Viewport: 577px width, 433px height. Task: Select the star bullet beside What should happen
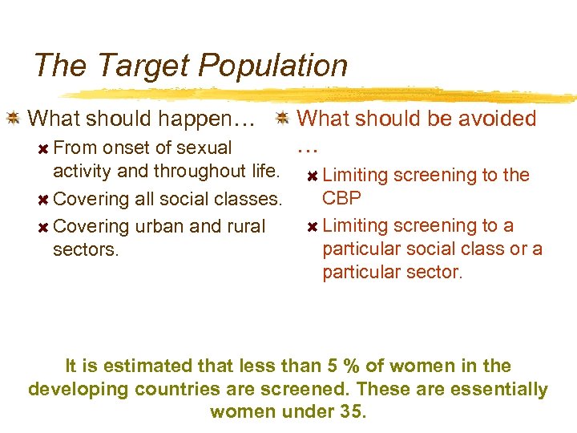pyautogui.click(x=13, y=119)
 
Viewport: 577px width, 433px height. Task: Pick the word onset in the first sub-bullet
pyautogui.click(x=127, y=148)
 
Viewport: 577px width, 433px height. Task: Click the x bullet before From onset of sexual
pyautogui.click(x=44, y=148)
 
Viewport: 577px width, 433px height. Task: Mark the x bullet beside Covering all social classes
pyautogui.click(x=44, y=200)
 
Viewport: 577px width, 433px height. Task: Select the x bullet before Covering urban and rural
pyautogui.click(x=44, y=227)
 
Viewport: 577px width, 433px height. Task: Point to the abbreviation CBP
pyautogui.click(x=341, y=198)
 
